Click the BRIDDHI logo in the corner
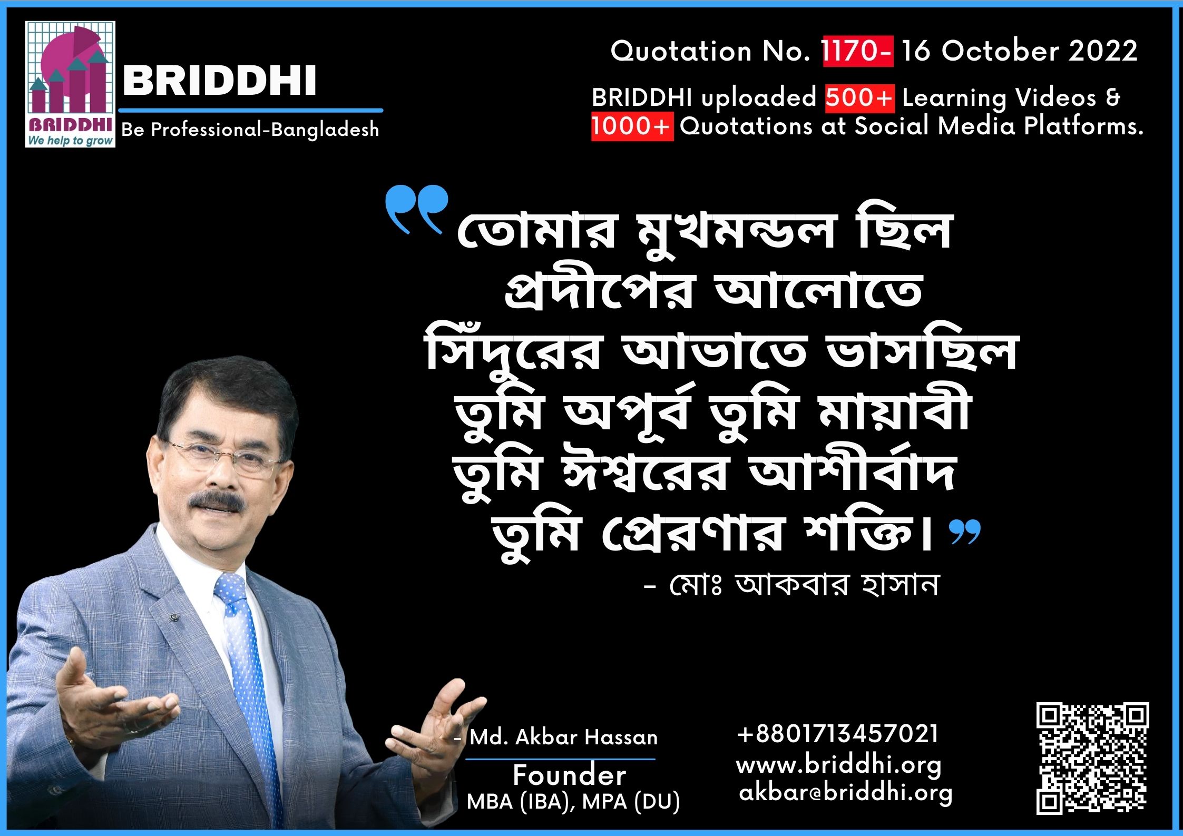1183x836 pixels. (70, 84)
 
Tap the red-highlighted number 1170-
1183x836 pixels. (858, 51)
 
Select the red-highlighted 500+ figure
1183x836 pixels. (859, 98)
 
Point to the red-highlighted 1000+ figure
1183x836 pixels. (632, 126)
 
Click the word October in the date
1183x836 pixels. (1001, 51)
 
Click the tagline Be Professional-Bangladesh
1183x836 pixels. (250, 130)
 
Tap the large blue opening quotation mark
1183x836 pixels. (416, 209)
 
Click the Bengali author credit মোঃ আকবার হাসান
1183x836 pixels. (804, 585)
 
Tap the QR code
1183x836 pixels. (1092, 758)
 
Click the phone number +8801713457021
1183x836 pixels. (838, 733)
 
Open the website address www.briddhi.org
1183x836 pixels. (839, 765)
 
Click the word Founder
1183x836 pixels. (570, 775)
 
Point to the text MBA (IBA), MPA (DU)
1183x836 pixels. (573, 802)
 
